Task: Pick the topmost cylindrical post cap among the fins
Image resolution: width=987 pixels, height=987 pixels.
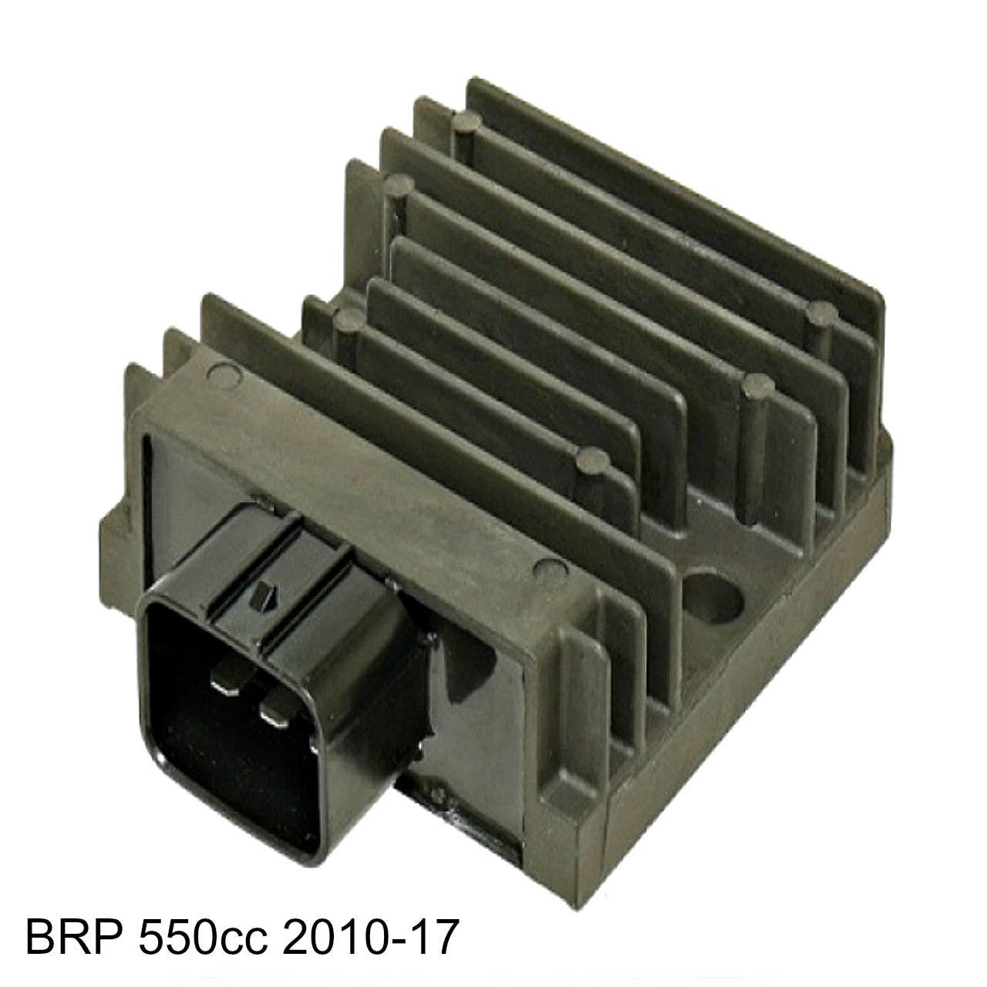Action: pyautogui.click(x=468, y=121)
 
